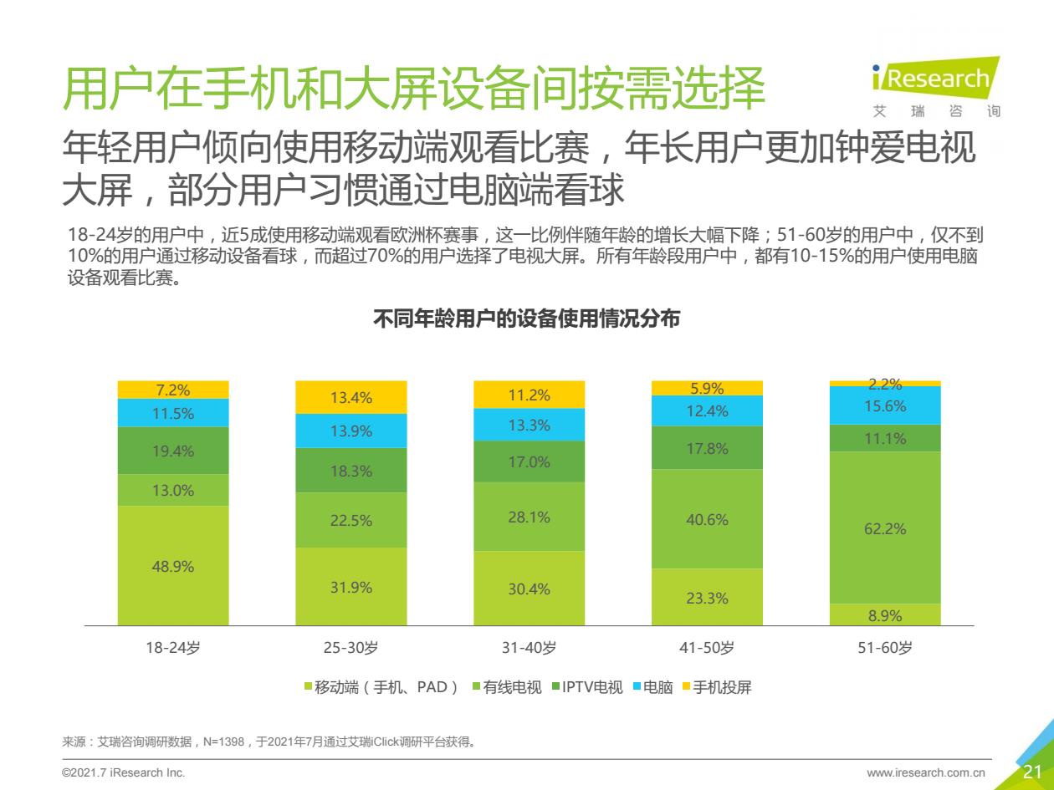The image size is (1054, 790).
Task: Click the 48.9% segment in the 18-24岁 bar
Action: pyautogui.click(x=173, y=566)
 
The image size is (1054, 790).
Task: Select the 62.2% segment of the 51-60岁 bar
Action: pyautogui.click(x=885, y=528)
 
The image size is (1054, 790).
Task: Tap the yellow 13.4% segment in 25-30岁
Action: pyautogui.click(x=351, y=397)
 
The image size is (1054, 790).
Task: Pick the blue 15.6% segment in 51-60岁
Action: pyautogui.click(x=885, y=405)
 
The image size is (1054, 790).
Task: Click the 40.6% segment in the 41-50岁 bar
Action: pyautogui.click(x=707, y=519)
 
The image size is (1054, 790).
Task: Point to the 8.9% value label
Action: pyautogui.click(x=885, y=615)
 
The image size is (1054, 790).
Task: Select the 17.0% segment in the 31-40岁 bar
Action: pyautogui.click(x=530, y=461)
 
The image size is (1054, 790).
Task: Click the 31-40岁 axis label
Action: pyautogui.click(x=530, y=648)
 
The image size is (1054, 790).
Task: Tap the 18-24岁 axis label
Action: pyautogui.click(x=173, y=648)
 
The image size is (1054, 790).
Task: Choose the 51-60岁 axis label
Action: pyautogui.click(x=885, y=648)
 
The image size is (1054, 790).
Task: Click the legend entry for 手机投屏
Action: pyautogui.click(x=717, y=688)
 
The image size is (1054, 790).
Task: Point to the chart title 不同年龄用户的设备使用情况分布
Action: pyautogui.click(x=526, y=319)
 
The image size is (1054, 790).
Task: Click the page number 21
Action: pyautogui.click(x=1032, y=772)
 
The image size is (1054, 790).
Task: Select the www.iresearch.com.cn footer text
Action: pyautogui.click(x=926, y=772)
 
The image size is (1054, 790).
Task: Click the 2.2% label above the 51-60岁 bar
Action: pyautogui.click(x=885, y=385)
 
